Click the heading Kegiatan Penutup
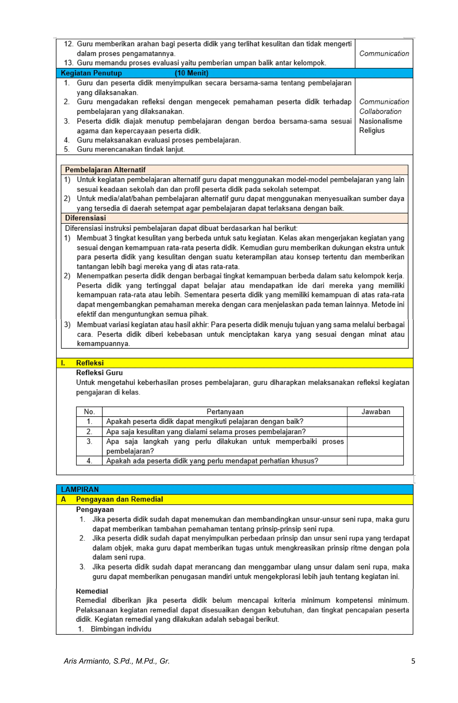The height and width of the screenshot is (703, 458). click(91, 73)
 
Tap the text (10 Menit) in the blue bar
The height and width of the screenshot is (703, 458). click(191, 73)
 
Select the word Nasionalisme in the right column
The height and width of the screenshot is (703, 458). click(380, 121)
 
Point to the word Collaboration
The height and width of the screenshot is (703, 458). click(380, 111)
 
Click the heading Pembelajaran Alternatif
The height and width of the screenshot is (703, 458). click(105, 170)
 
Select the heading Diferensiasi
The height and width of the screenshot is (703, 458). click(85, 218)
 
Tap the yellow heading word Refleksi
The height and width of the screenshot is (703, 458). click(90, 363)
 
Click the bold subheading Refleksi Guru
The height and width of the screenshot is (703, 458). click(99, 373)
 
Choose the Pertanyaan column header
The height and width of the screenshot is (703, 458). click(225, 412)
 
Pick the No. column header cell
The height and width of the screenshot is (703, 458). click(89, 412)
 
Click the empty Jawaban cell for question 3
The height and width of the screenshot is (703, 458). click(375, 446)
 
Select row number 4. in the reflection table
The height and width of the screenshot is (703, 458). click(89, 461)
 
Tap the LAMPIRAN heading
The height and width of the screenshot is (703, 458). click(80, 489)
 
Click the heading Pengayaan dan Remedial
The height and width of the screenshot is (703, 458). click(119, 499)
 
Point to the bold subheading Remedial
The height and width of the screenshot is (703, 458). click(92, 591)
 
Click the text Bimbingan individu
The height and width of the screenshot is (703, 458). click(121, 629)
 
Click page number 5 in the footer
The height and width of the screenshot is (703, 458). click(413, 661)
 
